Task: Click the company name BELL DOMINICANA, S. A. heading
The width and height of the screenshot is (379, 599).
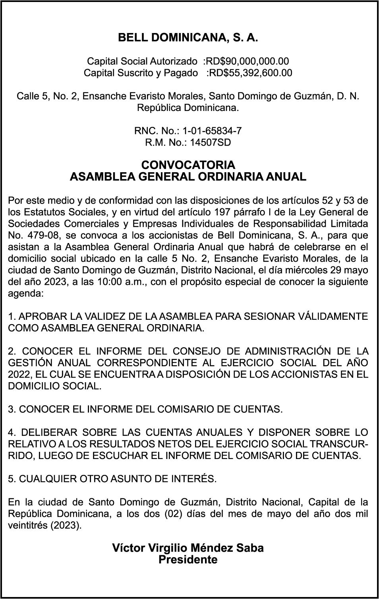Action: [188, 38]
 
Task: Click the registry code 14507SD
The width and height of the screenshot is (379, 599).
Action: [210, 142]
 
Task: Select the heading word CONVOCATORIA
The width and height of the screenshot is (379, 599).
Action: [188, 165]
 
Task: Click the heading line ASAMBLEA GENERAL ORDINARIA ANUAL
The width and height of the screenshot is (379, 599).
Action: [188, 177]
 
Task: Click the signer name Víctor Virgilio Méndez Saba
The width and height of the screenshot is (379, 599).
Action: [188, 548]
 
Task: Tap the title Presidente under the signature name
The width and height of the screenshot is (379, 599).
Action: [188, 560]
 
